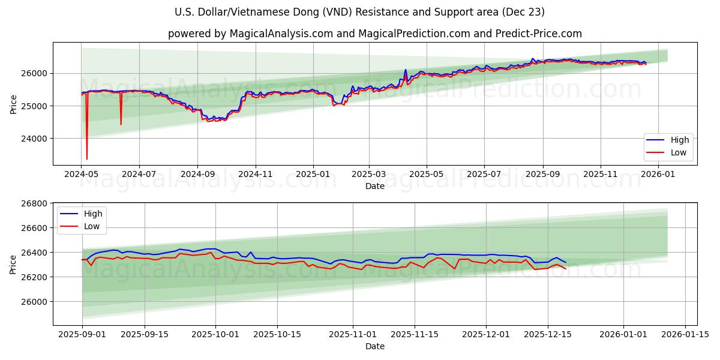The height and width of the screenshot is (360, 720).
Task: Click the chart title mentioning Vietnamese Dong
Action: pyautogui.click(x=360, y=12)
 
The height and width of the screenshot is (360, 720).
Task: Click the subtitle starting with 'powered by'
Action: pyautogui.click(x=374, y=34)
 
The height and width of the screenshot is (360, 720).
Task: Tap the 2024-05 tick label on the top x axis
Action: pyautogui.click(x=82, y=175)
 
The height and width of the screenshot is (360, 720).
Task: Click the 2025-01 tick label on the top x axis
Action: pyautogui.click(x=313, y=175)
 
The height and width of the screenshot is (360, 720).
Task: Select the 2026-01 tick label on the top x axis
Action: pyautogui.click(x=658, y=175)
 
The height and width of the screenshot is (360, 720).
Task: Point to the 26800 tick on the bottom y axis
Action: pyautogui.click(x=35, y=203)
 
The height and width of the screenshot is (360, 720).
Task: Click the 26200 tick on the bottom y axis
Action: pyautogui.click(x=35, y=277)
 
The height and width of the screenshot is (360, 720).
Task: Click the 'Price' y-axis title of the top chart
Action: pyautogui.click(x=13, y=103)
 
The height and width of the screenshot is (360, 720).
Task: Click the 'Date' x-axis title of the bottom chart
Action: pyautogui.click(x=374, y=347)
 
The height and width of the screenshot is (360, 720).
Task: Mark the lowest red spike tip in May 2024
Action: pyautogui.click(x=87, y=159)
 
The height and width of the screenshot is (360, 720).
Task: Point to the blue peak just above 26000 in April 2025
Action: pyautogui.click(x=406, y=70)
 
